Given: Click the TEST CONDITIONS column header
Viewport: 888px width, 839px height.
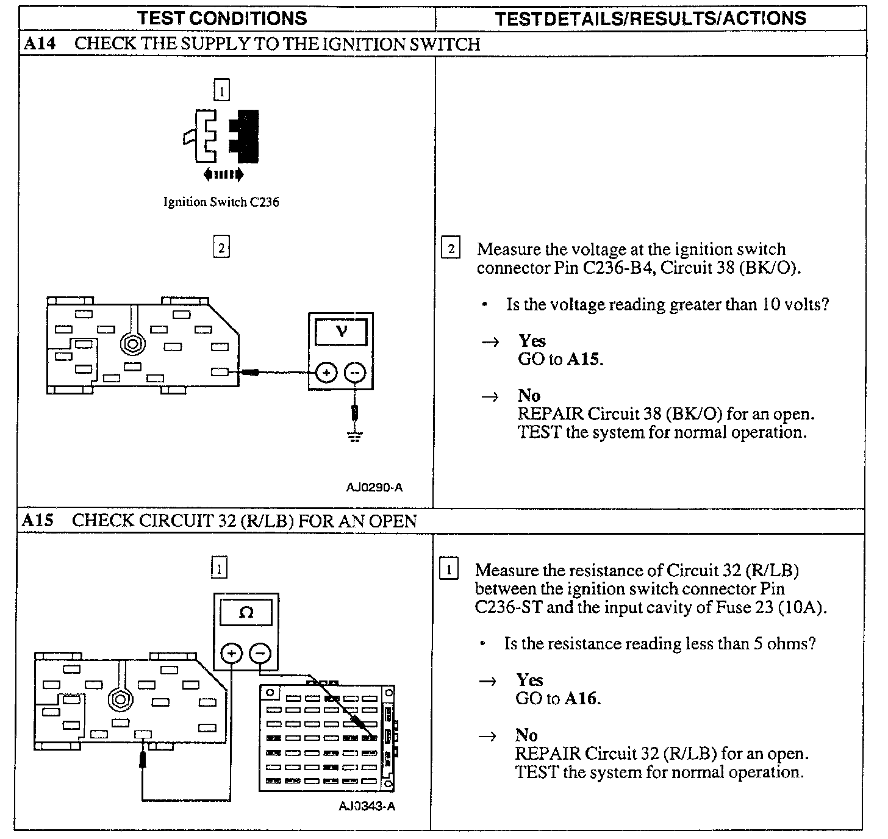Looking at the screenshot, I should pyautogui.click(x=222, y=18).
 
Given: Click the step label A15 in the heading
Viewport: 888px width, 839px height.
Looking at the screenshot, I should pyautogui.click(x=38, y=521).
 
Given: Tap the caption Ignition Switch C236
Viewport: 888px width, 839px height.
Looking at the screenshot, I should pyautogui.click(x=221, y=202).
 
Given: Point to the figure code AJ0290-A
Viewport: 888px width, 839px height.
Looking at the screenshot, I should pyautogui.click(x=374, y=487).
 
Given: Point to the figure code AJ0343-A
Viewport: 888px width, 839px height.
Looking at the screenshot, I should pyautogui.click(x=367, y=806).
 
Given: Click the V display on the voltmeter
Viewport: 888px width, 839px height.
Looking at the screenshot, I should pyautogui.click(x=341, y=332).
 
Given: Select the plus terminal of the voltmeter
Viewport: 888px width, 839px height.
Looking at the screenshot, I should pyautogui.click(x=327, y=372).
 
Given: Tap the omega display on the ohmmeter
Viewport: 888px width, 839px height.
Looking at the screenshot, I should pyautogui.click(x=246, y=612).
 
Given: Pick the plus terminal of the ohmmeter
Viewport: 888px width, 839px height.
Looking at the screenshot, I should pyautogui.click(x=231, y=654).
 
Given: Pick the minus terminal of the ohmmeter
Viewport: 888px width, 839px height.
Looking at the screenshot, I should pyautogui.click(x=260, y=654).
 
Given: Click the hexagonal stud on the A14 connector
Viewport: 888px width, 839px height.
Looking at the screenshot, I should pyautogui.click(x=132, y=343).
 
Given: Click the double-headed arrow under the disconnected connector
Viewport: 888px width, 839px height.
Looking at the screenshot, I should pyautogui.click(x=223, y=175).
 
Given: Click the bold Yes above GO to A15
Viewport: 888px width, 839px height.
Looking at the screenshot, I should pyautogui.click(x=532, y=341).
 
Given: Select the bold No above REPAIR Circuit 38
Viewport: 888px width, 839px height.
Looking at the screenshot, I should pyautogui.click(x=529, y=396).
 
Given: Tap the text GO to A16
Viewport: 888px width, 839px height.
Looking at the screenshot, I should pyautogui.click(x=558, y=699).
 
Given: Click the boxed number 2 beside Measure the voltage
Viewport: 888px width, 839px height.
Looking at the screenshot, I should pyautogui.click(x=451, y=249).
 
